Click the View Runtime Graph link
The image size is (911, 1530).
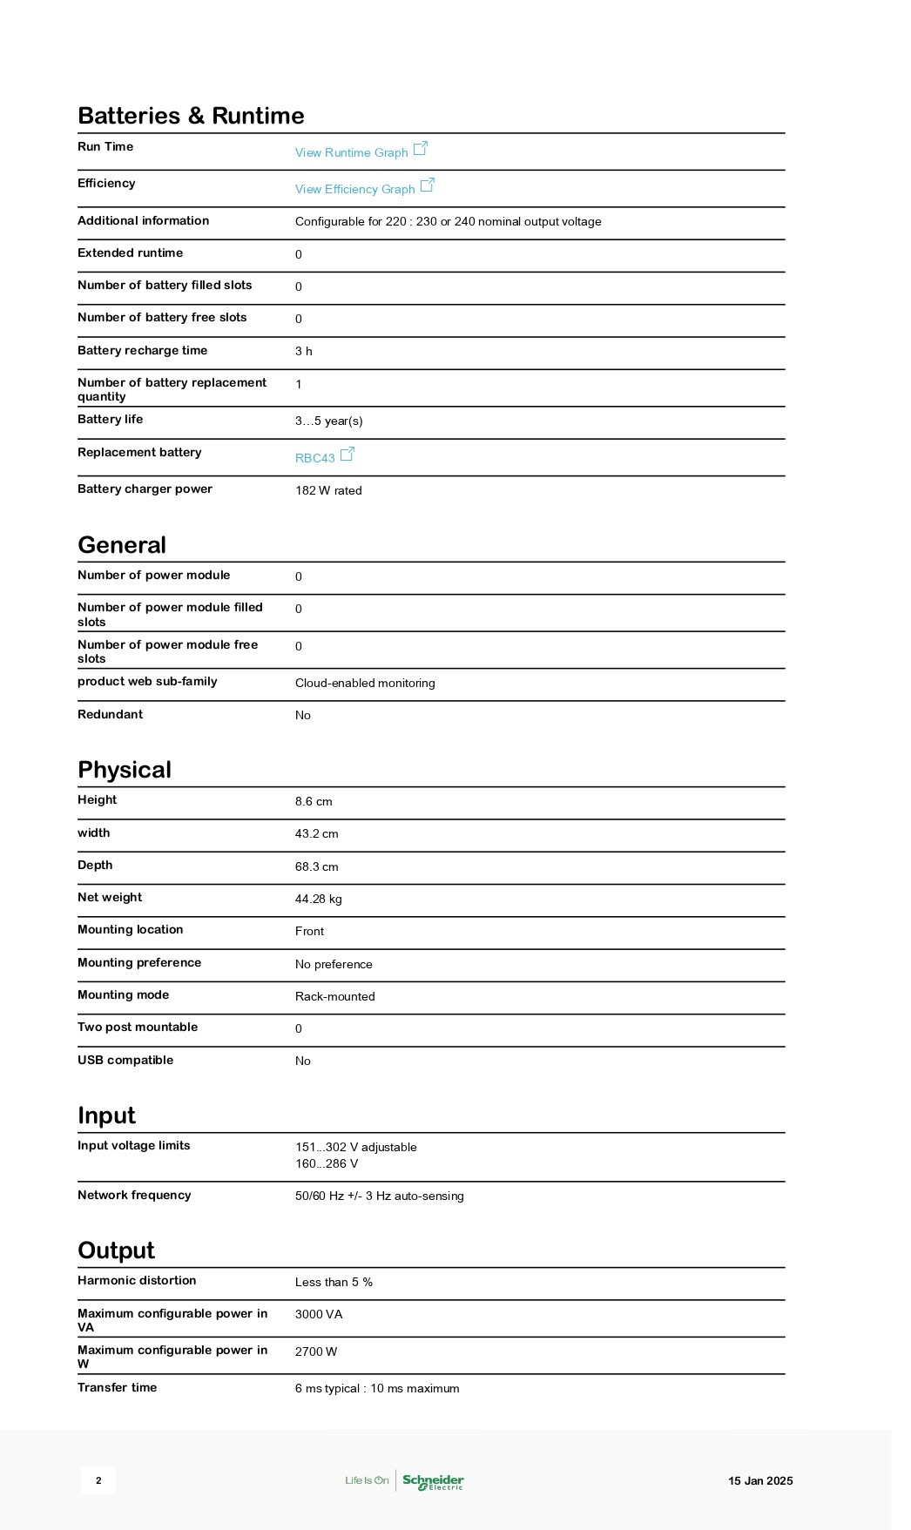click(352, 152)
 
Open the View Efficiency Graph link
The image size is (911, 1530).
click(355, 189)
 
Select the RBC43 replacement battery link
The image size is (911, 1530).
click(315, 458)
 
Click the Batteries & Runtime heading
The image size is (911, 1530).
click(191, 116)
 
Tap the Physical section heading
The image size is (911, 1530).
click(125, 770)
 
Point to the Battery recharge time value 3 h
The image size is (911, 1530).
click(303, 351)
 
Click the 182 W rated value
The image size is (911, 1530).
click(328, 490)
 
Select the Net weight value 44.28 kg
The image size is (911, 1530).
click(318, 899)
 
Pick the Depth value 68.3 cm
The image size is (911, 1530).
click(316, 866)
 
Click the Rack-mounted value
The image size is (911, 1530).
click(334, 996)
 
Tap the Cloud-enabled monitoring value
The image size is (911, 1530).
click(365, 683)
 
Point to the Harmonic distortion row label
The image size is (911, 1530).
click(137, 1280)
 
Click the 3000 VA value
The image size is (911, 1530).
click(319, 1314)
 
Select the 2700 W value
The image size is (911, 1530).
click(316, 1351)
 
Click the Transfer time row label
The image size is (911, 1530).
click(117, 1387)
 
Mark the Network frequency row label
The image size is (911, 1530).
click(134, 1195)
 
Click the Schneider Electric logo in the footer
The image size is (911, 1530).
click(433, 1480)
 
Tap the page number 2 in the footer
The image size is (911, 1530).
click(98, 1480)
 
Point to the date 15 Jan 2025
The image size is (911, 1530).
click(760, 1480)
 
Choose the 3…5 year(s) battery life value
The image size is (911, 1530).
click(328, 421)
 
